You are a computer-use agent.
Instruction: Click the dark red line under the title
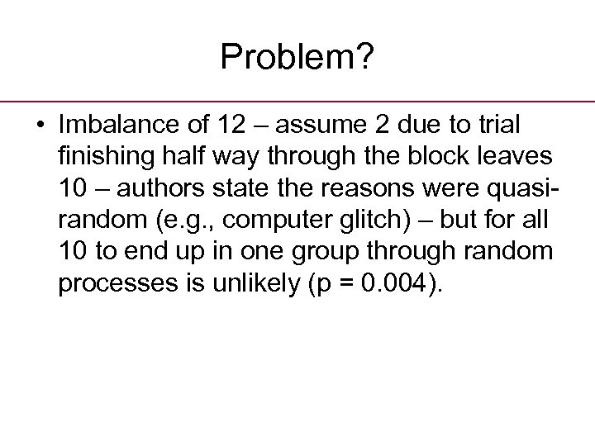pyautogui.click(x=297, y=102)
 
